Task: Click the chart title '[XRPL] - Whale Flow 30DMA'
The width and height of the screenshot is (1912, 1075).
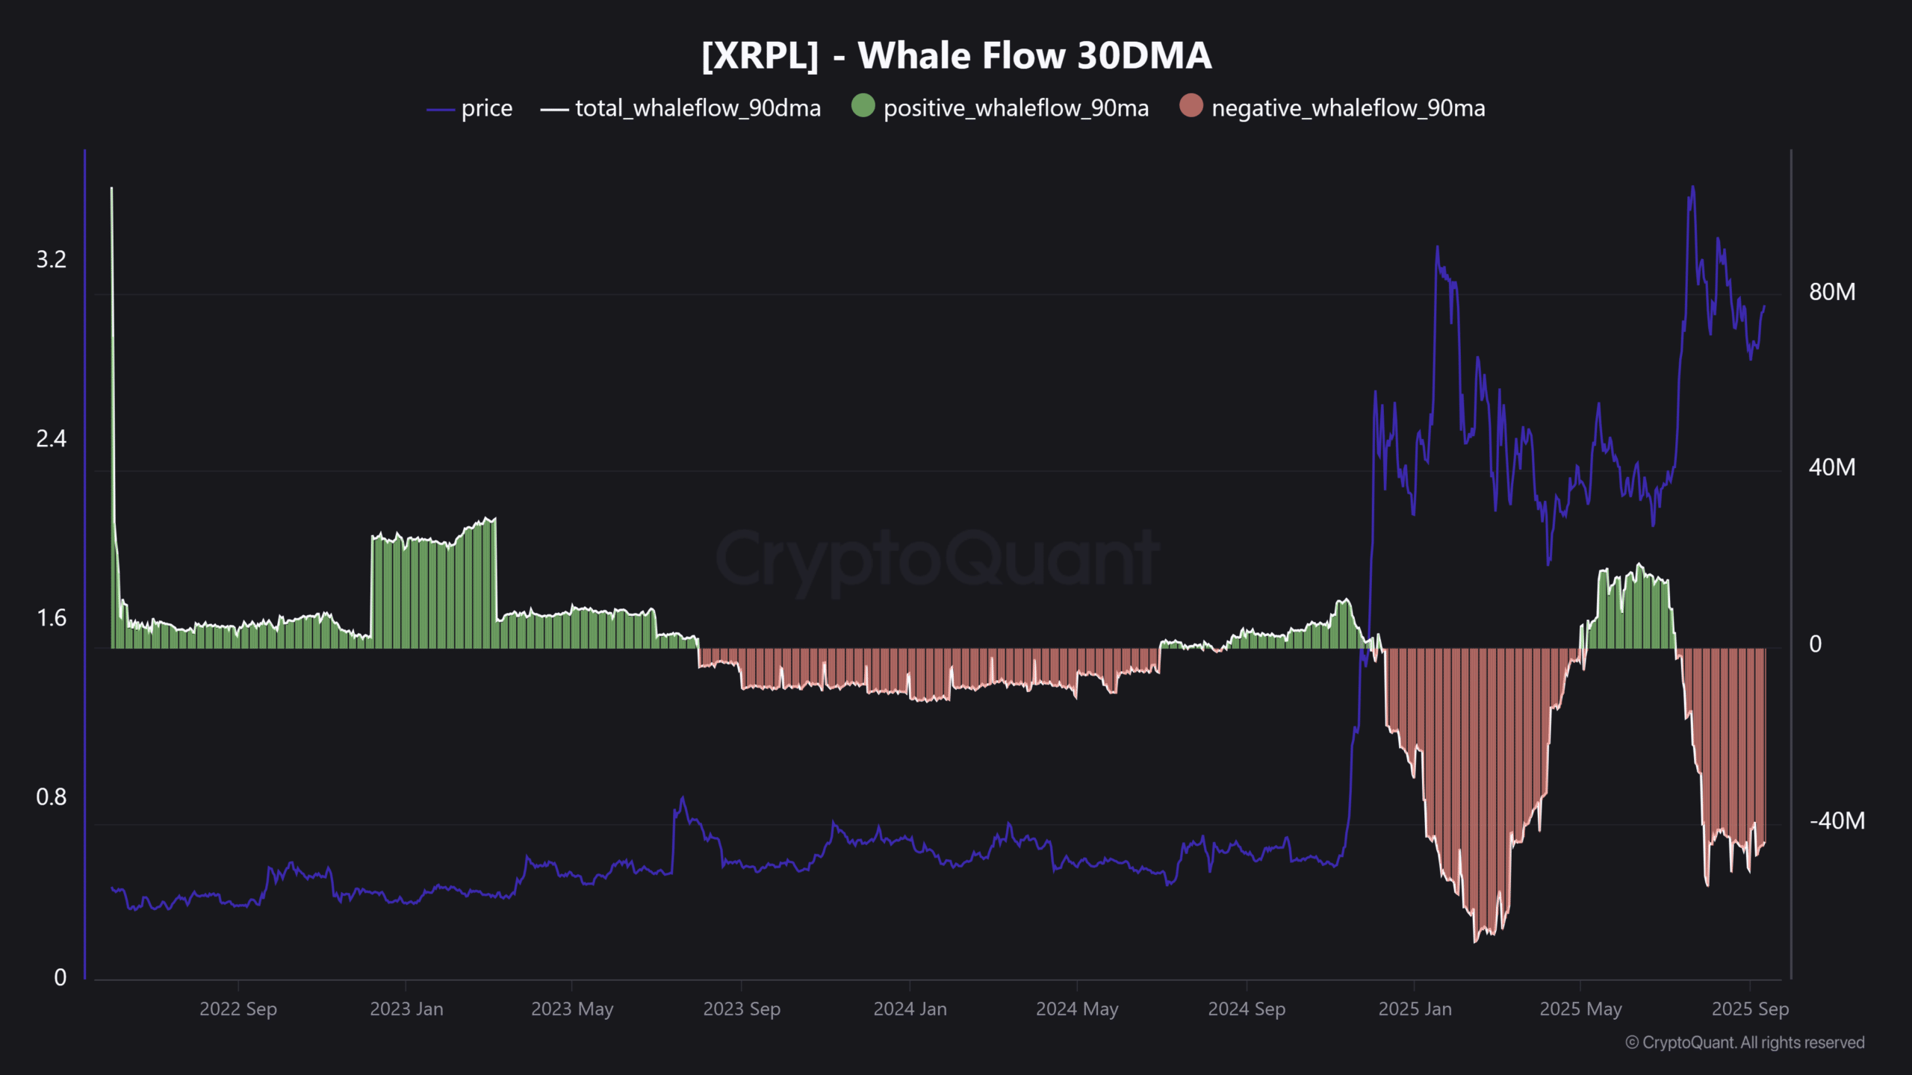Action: (x=956, y=56)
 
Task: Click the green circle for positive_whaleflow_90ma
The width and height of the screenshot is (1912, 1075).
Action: (x=863, y=105)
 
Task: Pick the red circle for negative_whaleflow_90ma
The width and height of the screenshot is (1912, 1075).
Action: (x=1191, y=105)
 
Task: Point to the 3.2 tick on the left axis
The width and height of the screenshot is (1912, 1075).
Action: (x=51, y=260)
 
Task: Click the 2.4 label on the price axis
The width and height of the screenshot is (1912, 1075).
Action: (x=51, y=439)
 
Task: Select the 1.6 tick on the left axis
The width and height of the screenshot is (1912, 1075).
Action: (x=51, y=618)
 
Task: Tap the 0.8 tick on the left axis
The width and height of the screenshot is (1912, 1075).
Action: (x=51, y=797)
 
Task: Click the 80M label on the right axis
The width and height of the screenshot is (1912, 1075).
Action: (x=1831, y=292)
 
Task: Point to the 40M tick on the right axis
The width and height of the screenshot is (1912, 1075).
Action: (x=1831, y=467)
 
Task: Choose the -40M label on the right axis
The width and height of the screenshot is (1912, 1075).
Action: (x=1837, y=821)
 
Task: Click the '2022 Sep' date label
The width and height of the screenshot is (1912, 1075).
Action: (x=238, y=1009)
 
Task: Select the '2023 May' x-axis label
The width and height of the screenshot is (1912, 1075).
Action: (x=572, y=1009)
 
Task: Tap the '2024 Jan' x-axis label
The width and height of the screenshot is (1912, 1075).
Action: (x=910, y=1009)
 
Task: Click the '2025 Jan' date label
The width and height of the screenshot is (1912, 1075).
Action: (x=1415, y=1009)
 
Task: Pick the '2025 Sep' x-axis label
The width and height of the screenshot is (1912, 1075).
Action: (x=1750, y=1009)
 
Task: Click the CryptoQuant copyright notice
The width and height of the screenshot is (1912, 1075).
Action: (x=1745, y=1043)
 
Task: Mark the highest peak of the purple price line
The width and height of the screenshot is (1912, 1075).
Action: (x=1692, y=187)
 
